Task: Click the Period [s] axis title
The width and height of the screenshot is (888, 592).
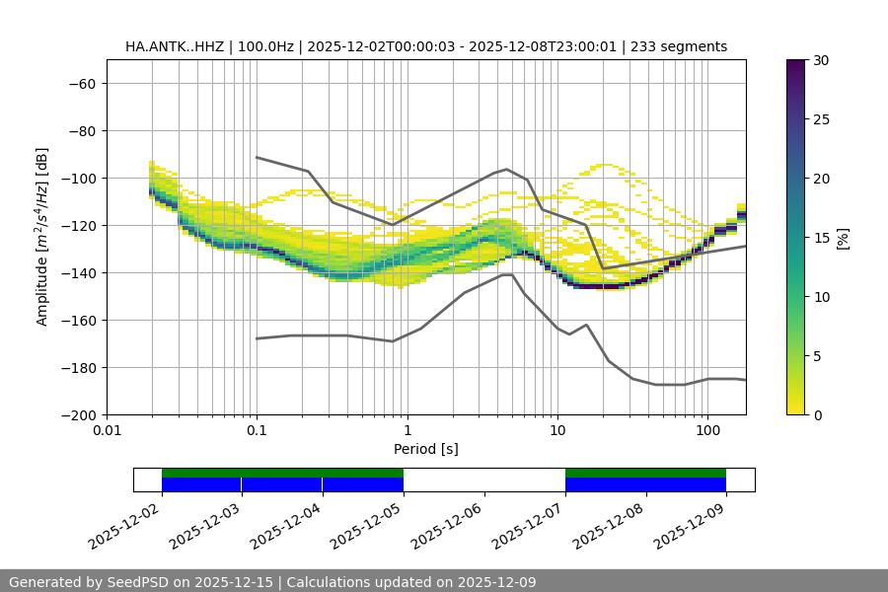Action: point(426,449)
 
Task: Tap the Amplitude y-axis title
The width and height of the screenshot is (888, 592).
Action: point(42,237)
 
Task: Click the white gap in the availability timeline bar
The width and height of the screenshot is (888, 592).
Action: point(483,480)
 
